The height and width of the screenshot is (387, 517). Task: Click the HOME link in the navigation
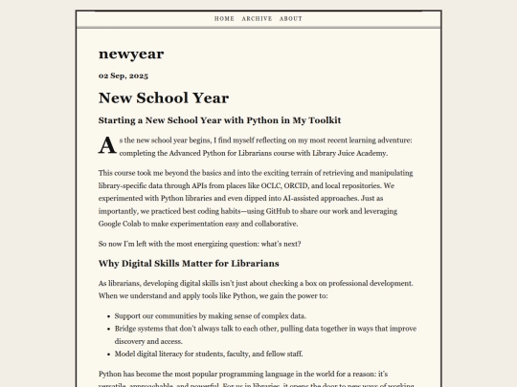pyautogui.click(x=224, y=18)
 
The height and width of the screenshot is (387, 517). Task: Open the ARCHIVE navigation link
pyautogui.click(x=257, y=18)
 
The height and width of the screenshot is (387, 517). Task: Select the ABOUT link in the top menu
pyautogui.click(x=291, y=18)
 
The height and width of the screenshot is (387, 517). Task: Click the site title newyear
pyautogui.click(x=132, y=54)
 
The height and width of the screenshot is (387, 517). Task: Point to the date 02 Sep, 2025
pyautogui.click(x=124, y=75)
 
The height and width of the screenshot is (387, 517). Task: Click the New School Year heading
pyautogui.click(x=163, y=97)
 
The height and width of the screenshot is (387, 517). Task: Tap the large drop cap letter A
pyautogui.click(x=106, y=145)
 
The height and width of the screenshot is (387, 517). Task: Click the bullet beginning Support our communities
pyautogui.click(x=210, y=315)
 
